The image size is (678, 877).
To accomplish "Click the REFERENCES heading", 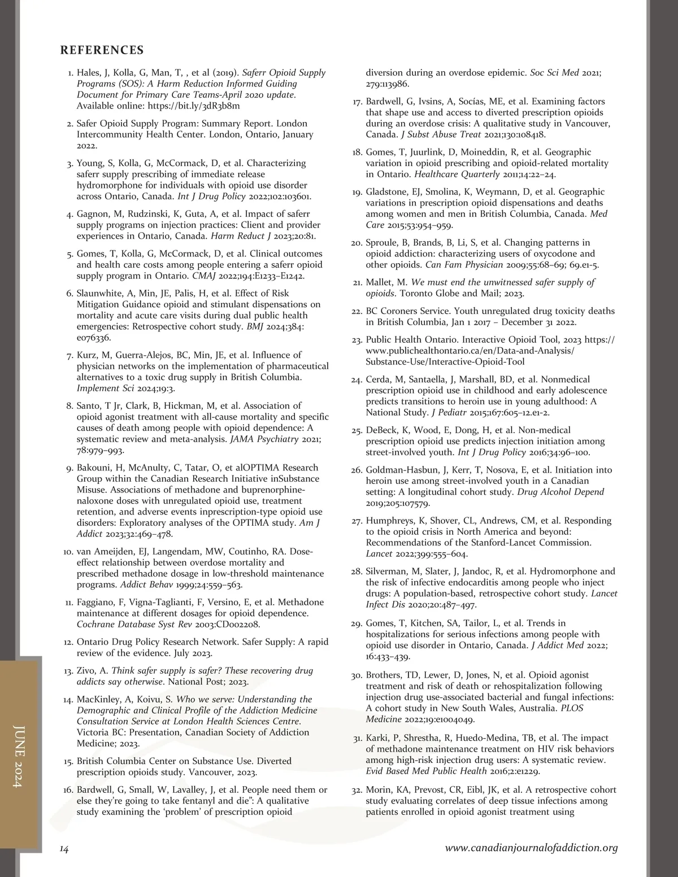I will point(102,50).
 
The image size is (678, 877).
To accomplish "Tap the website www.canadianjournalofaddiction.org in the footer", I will point(531,848).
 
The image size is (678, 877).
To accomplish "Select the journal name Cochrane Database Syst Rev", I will point(136,624).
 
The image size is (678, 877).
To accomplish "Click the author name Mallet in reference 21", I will point(380,282).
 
